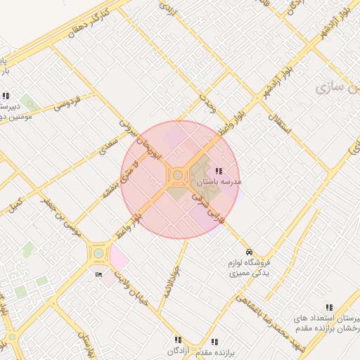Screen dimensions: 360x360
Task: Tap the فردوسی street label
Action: [67, 103]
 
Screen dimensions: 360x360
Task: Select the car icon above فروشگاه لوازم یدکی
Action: [248, 252]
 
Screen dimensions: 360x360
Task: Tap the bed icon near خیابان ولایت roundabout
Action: [98, 274]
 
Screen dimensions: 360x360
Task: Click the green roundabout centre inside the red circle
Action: [178, 175]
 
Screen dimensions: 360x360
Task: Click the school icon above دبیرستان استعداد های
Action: [329, 307]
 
